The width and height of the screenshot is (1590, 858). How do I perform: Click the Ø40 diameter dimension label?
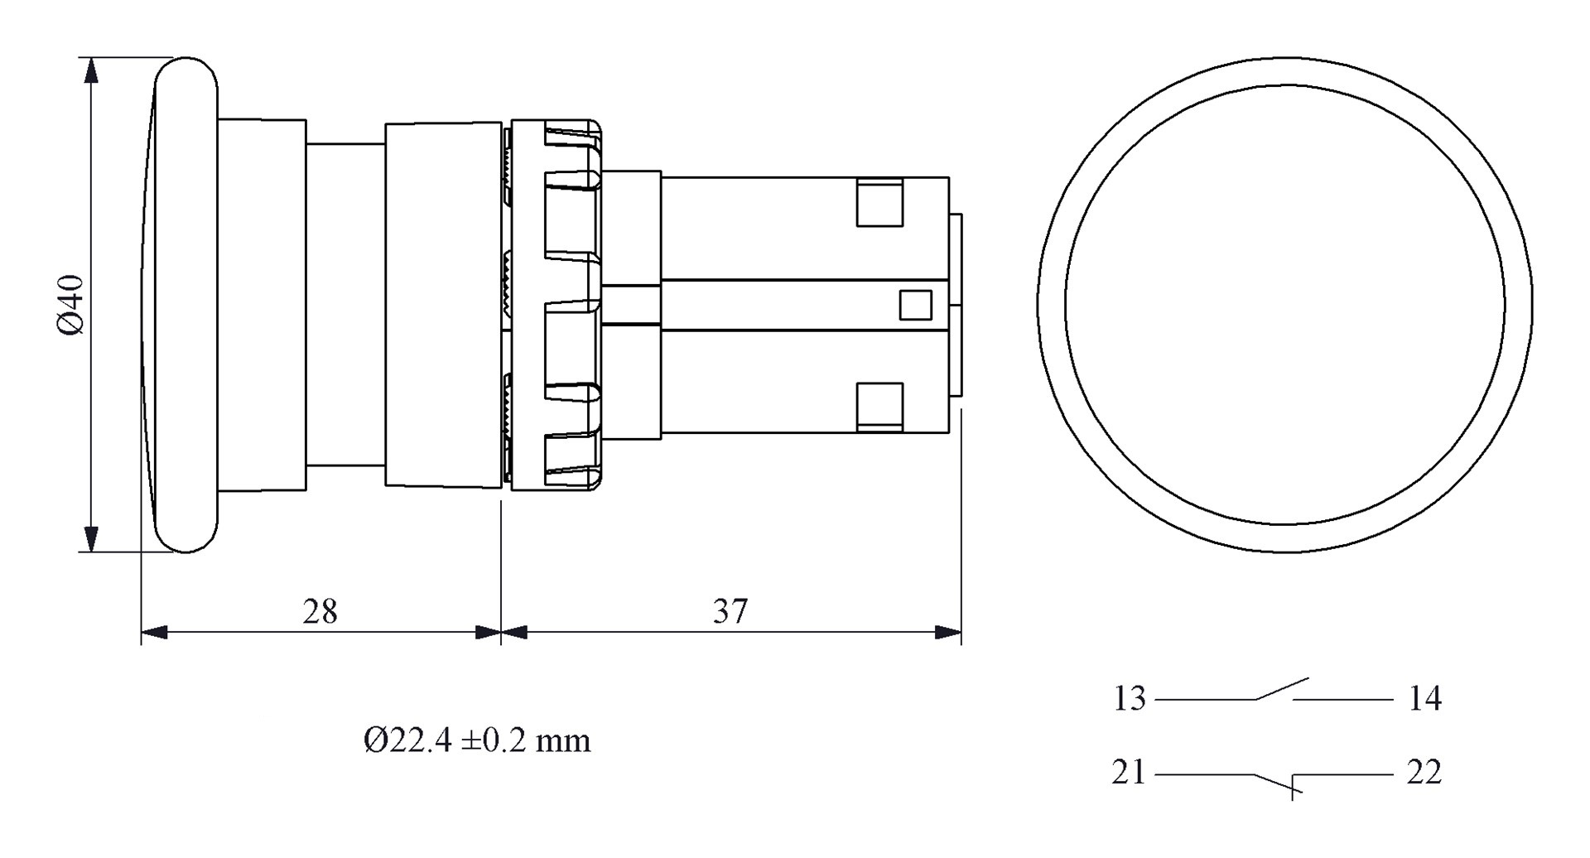tap(71, 304)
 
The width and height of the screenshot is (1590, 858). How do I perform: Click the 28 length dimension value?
tap(320, 612)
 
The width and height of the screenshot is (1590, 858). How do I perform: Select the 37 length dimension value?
tap(730, 612)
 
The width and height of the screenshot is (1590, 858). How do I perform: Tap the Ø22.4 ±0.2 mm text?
tap(477, 740)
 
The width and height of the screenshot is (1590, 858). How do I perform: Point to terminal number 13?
tap(1129, 700)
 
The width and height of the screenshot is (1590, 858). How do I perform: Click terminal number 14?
tap(1424, 700)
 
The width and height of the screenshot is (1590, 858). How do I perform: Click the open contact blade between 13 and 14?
tap(1282, 689)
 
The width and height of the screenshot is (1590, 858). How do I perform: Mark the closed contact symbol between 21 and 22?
tap(1279, 782)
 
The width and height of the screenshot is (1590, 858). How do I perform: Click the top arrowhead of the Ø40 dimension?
tap(92, 70)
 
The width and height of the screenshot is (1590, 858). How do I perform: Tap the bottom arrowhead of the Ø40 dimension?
tap(92, 539)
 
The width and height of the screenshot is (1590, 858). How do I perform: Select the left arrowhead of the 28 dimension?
tap(154, 633)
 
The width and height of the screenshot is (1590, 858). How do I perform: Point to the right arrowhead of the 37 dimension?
tap(948, 633)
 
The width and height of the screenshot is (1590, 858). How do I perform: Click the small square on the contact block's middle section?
tap(915, 305)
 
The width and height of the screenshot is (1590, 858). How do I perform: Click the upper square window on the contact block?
tap(879, 202)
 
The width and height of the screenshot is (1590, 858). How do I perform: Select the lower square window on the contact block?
tap(879, 407)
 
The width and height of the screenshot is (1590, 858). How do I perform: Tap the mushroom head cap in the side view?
tap(186, 304)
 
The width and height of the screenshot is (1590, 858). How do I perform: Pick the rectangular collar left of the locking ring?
tap(443, 304)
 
